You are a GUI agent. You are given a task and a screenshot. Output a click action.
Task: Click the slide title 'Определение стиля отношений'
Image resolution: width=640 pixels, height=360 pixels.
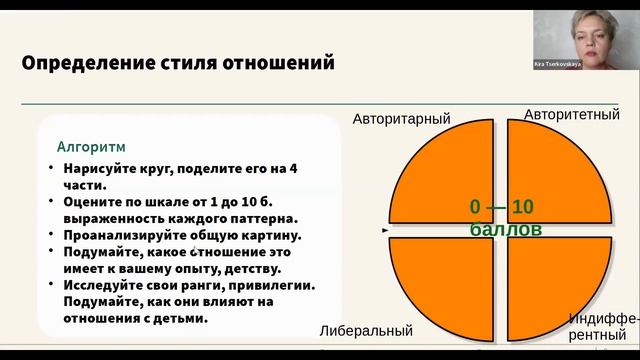point(178,64)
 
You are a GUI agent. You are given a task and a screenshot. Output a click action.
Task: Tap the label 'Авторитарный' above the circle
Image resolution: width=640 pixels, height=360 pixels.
point(401,119)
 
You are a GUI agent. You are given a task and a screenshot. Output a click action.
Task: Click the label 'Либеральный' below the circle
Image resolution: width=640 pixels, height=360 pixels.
point(366,330)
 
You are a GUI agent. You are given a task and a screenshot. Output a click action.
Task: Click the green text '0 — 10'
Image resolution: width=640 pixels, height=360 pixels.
point(502,208)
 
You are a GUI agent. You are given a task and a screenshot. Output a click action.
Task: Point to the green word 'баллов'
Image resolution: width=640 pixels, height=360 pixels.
point(506,229)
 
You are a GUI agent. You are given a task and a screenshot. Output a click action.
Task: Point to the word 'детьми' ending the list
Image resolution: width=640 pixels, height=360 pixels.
point(184,318)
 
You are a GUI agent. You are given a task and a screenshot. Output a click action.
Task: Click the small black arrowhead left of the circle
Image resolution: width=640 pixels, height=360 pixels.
point(386,230)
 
